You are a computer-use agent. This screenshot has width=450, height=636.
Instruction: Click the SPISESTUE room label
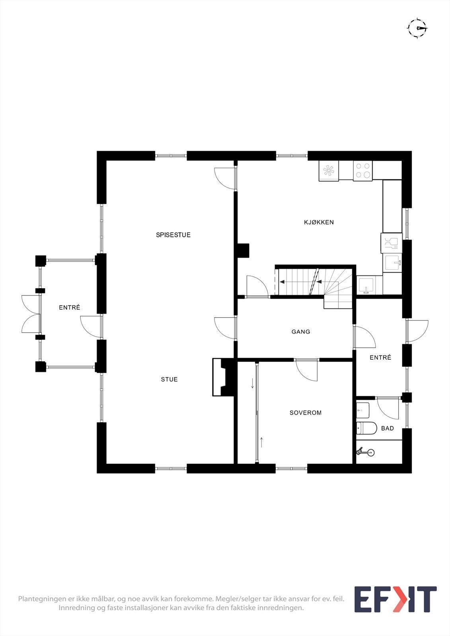coord(173,235)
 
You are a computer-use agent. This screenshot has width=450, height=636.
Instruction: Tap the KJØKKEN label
coord(319,222)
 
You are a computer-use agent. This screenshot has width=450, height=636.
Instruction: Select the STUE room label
coord(169,380)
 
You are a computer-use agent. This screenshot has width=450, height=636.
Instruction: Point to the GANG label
coord(301,332)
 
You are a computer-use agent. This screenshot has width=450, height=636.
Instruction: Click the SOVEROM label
coord(306,413)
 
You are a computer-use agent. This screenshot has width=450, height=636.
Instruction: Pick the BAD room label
coord(387,428)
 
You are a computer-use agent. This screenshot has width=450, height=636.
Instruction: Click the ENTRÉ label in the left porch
coord(70,307)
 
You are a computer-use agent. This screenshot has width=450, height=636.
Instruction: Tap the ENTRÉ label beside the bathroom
coord(380,357)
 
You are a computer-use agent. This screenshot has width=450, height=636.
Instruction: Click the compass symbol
coord(417,28)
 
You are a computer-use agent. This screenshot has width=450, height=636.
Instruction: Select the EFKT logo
coord(395,599)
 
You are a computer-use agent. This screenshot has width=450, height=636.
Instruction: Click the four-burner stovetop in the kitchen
coord(363,171)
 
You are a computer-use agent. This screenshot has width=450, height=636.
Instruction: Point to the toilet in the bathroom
coord(366,428)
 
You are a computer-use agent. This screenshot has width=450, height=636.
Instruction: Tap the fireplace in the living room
coord(223,377)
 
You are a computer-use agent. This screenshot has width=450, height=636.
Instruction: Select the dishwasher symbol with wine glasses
coord(392,243)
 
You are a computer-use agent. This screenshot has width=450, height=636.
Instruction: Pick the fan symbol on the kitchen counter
coord(329,171)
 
